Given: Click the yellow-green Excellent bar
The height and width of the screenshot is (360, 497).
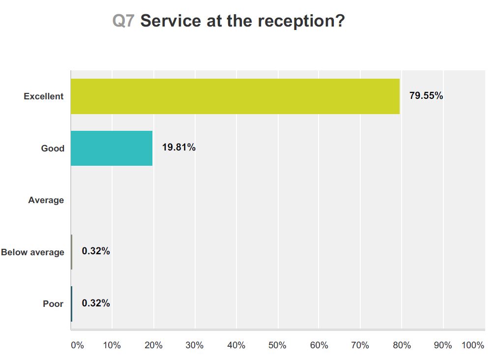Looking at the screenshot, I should point(235,96).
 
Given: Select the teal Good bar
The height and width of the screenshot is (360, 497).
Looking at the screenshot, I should point(112,148).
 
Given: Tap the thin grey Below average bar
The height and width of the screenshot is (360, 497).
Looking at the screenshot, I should point(72,252).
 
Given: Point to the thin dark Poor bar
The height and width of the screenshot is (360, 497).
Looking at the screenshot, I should point(72,303).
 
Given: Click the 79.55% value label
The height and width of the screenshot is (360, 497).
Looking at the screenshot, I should point(426,96).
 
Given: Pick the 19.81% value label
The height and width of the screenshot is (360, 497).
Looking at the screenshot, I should point(179,148).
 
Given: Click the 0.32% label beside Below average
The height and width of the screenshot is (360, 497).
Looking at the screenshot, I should point(96,251).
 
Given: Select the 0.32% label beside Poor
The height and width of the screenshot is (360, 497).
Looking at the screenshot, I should point(96,303).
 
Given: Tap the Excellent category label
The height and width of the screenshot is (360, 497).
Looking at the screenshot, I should point(44,96).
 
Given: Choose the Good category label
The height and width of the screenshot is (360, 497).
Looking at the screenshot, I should point(53,148).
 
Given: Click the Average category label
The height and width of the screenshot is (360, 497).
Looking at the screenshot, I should point(46,200).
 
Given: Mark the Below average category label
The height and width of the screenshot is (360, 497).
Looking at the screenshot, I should point(32,252).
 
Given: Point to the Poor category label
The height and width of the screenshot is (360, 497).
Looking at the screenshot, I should point(53,304).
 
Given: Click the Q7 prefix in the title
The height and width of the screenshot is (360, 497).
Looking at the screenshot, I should point(123,21).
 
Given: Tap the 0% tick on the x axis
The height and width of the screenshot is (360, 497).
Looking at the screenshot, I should point(78,345).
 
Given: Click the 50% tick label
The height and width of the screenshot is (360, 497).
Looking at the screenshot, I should point(278,345).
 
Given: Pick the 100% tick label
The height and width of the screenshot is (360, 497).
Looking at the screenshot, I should point(473,345).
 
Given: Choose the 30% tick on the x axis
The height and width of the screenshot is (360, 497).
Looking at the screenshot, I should point(195,345).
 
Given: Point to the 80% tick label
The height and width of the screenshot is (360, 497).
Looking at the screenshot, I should point(402,345).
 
